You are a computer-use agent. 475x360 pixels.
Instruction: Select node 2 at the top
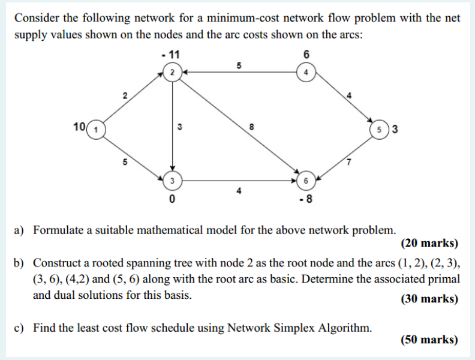pos(172,72)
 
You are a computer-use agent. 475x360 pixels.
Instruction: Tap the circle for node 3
pos(172,180)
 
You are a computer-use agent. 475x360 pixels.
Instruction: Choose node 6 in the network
pos(306,180)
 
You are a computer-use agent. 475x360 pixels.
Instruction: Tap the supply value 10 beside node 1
pos(79,127)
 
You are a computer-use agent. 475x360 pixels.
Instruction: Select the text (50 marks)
pos(428,340)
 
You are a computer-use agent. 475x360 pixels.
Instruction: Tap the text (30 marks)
pos(428,298)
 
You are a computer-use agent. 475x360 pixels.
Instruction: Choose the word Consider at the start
pos(37,17)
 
